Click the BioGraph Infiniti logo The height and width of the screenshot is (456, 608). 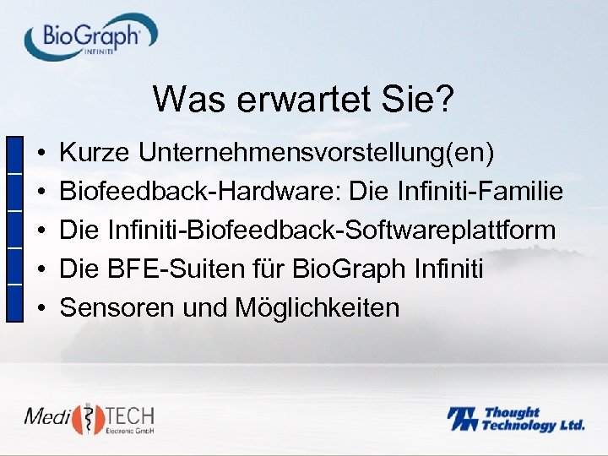click(90, 36)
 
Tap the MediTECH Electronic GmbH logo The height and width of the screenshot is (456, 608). click(89, 420)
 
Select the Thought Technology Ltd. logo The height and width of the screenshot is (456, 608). click(515, 419)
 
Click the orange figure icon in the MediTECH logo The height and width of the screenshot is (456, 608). click(86, 419)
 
